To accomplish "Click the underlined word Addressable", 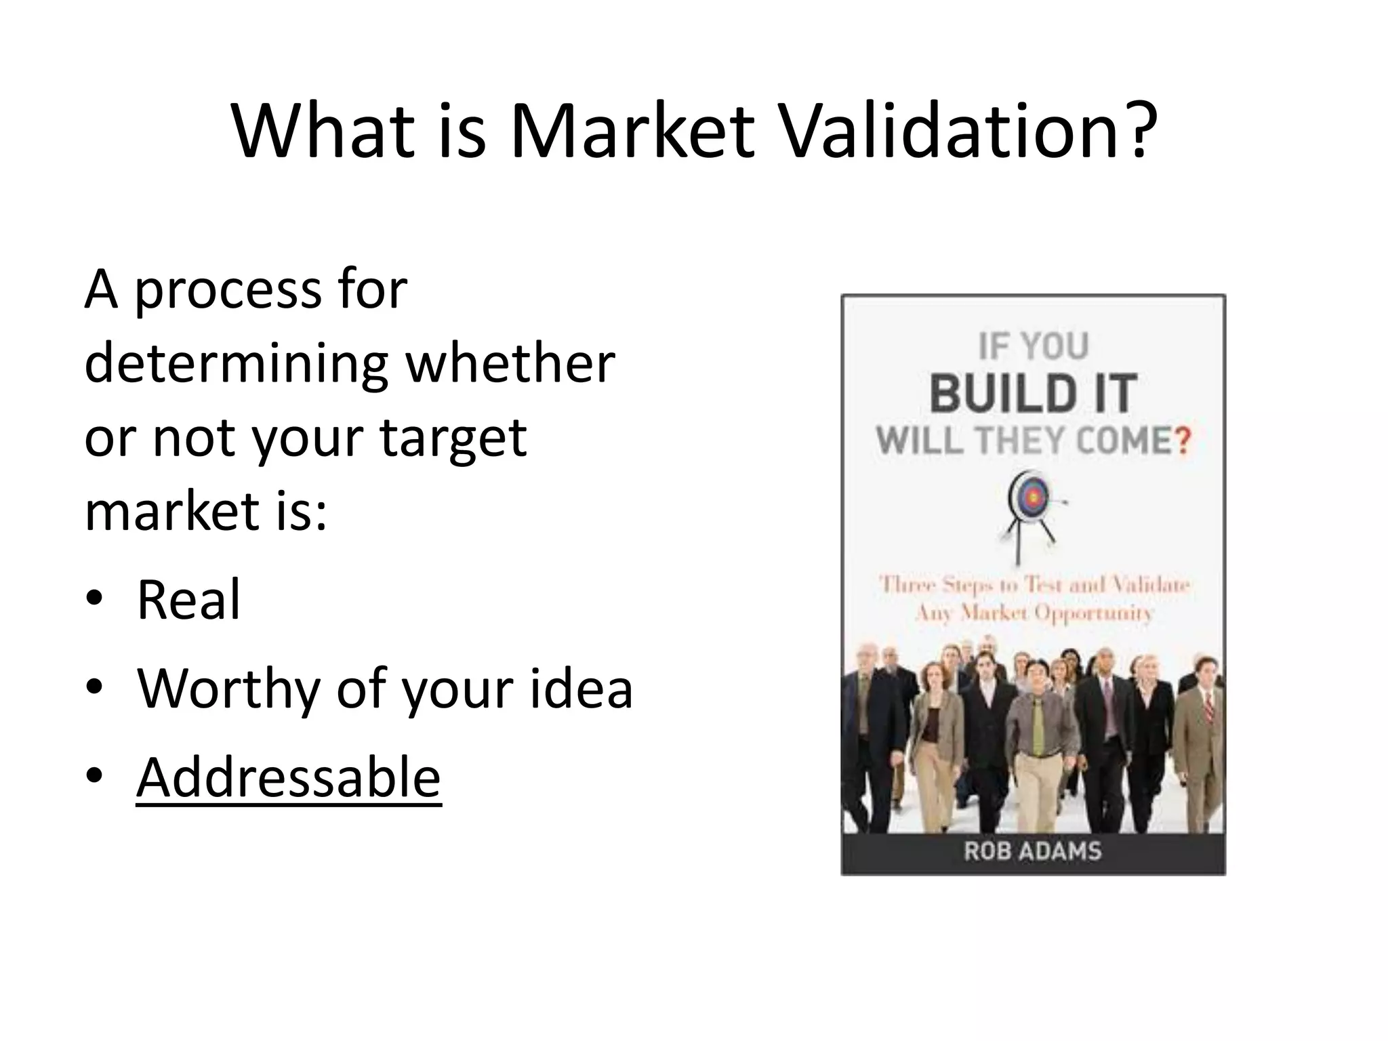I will click(289, 777).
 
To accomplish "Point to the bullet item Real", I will click(188, 600).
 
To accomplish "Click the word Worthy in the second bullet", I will click(228, 689).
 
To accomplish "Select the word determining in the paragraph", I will click(236, 363).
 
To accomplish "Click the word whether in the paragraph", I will click(510, 363).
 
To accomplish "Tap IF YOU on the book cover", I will click(1033, 347).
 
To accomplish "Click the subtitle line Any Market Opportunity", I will click(1033, 613).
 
